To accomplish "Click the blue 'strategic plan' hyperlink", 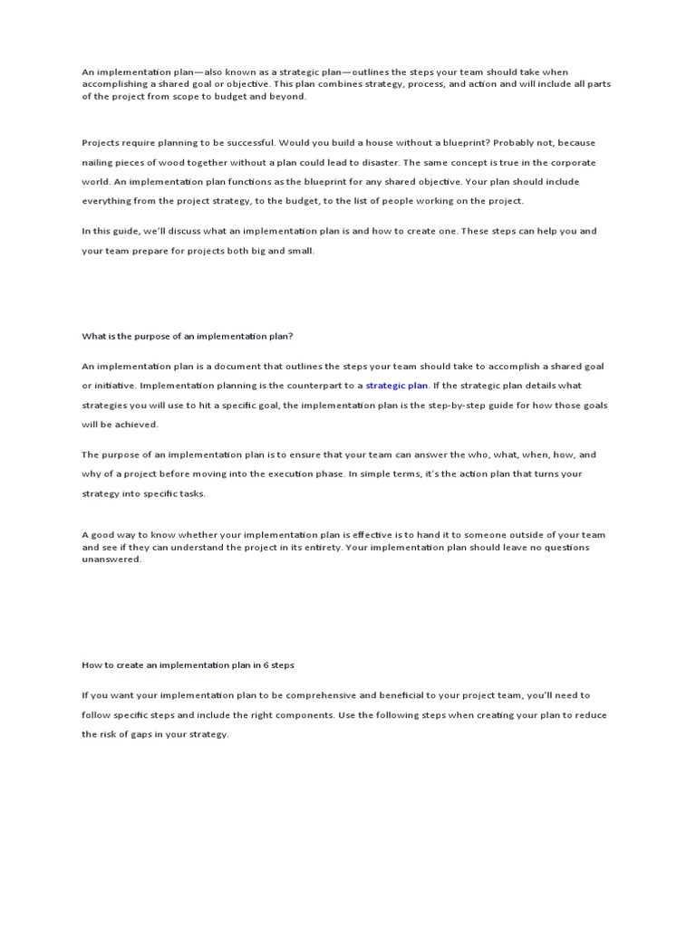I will tap(396, 386).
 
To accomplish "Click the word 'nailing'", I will tap(97, 163).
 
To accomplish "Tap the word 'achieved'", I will tap(138, 425).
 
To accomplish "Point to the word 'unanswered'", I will tap(111, 560).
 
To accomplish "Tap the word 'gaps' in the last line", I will tap(161, 735).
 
